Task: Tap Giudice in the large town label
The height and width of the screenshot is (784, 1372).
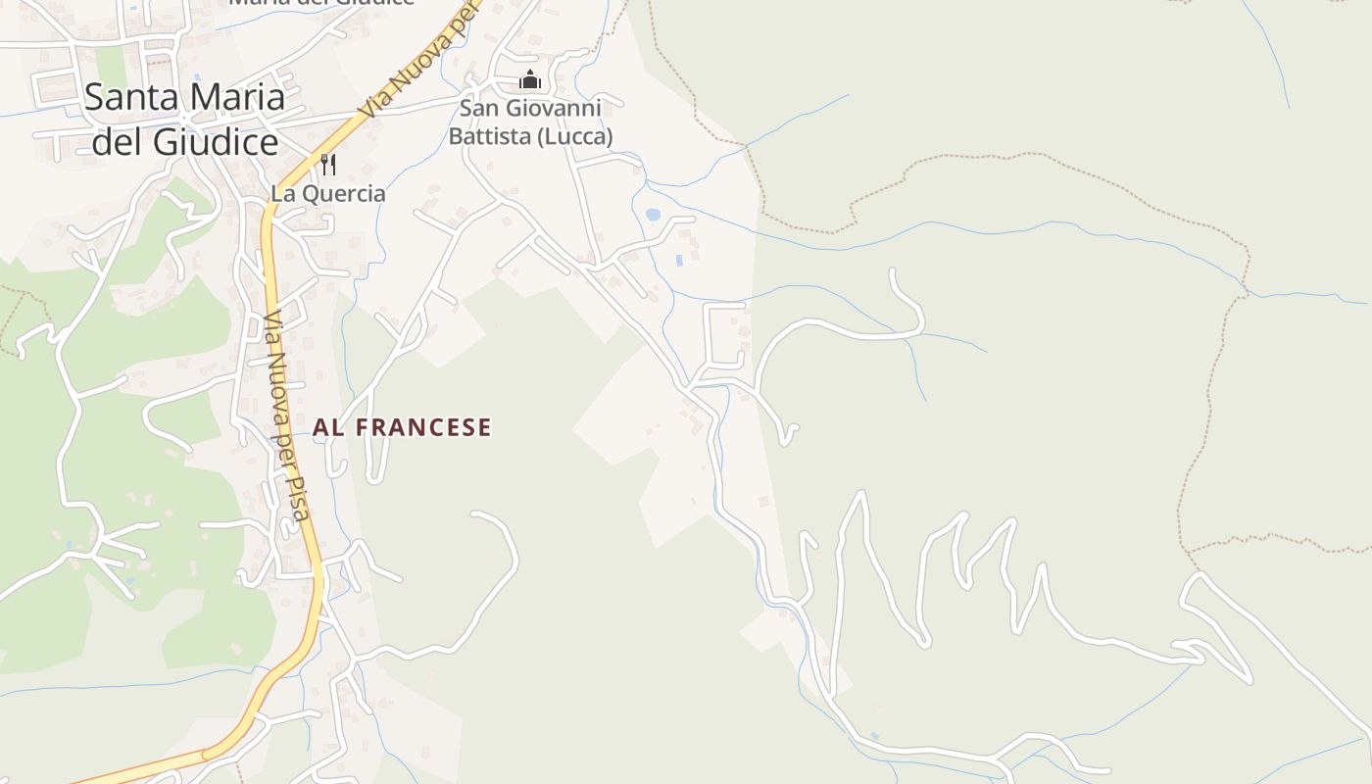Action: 218,142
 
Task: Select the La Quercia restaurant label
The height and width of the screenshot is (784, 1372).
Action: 328,193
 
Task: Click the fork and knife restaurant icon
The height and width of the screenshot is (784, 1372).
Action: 328,164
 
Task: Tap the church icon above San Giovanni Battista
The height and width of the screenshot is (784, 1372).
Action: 530,78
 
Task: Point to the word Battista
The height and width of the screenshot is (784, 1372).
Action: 489,135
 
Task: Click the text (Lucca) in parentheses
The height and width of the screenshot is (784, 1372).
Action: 573,135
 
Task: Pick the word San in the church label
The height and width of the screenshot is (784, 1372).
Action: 478,108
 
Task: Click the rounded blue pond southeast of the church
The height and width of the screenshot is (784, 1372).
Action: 653,215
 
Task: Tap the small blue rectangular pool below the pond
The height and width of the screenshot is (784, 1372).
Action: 679,261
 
